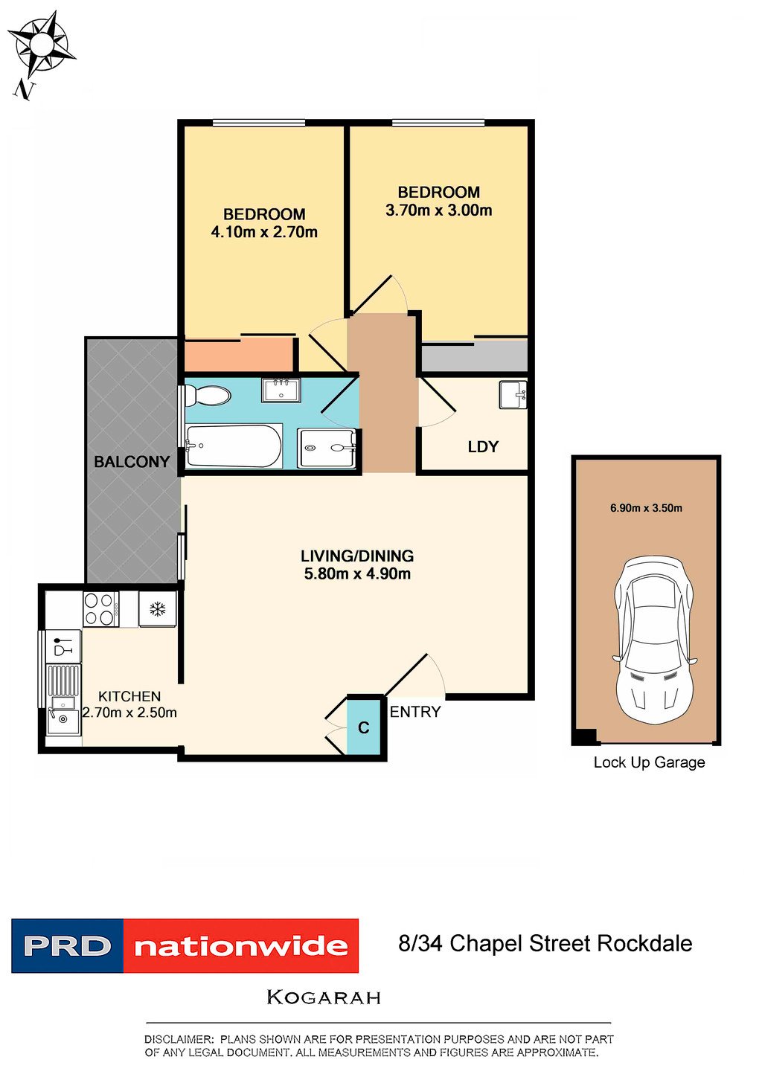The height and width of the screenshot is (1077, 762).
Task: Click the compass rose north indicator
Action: coord(41,46)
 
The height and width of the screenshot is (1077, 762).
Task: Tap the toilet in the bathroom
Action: coord(209,395)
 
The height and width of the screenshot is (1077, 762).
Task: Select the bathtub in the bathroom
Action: coord(233,446)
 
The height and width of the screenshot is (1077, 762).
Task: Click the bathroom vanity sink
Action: coord(281,390)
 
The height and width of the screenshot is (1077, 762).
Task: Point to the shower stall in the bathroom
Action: coord(327,448)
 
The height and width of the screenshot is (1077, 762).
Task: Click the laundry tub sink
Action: coord(512,394)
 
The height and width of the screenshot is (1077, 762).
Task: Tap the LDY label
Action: coord(483,447)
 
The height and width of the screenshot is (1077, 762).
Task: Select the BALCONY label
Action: coord(132,462)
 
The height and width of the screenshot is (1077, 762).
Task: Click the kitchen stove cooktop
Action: coord(100,608)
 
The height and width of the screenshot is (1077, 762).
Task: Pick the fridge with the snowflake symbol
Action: coord(158,609)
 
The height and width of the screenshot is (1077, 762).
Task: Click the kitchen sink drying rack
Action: coord(63,681)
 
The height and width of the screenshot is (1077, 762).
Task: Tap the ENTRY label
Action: coord(415,712)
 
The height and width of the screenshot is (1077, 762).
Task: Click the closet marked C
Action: coord(364,727)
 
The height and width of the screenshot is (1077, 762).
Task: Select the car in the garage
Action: coord(653,640)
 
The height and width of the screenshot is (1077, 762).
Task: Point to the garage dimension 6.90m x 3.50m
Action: coord(646,508)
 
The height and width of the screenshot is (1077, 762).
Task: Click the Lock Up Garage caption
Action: coord(649,762)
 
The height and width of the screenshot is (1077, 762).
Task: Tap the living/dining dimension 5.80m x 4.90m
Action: coord(357,573)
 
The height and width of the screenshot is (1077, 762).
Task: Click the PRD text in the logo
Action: coord(67,946)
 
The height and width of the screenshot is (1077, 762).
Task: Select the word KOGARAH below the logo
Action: coord(324,997)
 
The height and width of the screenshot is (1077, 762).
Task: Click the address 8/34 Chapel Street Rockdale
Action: coord(545,944)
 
